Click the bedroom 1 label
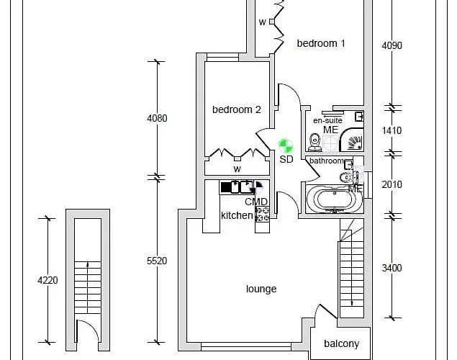click(x=321, y=43)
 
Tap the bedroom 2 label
click(x=236, y=109)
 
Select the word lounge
click(x=261, y=289)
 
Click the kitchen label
click(x=237, y=215)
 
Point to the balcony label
click(x=340, y=343)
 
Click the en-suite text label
click(x=327, y=120)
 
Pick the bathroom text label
click(x=327, y=161)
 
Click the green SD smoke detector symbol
click(x=286, y=146)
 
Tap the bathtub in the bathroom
click(x=334, y=198)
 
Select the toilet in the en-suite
click(x=315, y=139)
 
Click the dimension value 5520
click(x=157, y=261)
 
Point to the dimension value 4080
click(x=157, y=118)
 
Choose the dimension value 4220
click(x=47, y=280)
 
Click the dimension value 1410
click(x=392, y=130)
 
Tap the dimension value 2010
click(x=392, y=184)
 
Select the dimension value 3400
click(x=392, y=268)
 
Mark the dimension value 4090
click(x=392, y=45)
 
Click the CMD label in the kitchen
click(x=255, y=202)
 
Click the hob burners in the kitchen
click(x=262, y=213)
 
